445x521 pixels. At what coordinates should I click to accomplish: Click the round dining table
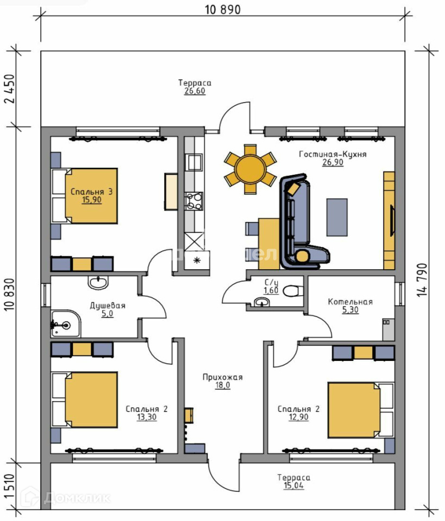point(250,169)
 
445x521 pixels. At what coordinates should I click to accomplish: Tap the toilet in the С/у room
point(293,291)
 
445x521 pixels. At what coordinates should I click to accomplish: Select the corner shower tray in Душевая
point(66,324)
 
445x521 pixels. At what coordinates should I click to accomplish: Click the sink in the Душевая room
point(98,283)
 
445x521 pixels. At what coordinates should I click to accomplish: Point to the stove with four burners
point(193,201)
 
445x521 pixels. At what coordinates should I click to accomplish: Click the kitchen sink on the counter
point(193,162)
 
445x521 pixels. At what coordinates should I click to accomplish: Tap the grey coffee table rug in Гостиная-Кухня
point(337,217)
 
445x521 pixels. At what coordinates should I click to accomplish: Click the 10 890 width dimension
point(223,10)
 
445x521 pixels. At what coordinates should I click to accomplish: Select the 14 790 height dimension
point(422,280)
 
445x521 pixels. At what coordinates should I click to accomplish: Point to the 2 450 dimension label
point(10,88)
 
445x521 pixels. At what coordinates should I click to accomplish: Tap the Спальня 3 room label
point(91,192)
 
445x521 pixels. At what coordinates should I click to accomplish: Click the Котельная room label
point(350,302)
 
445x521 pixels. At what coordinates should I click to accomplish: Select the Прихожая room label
point(223,377)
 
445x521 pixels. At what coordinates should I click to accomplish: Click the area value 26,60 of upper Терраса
point(195,91)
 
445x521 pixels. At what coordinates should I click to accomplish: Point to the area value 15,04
point(294,485)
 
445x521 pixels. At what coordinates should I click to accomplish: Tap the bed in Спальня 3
point(84,196)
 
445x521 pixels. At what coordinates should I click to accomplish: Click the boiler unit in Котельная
point(388,329)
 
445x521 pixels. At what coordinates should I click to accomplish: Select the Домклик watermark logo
point(65,498)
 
